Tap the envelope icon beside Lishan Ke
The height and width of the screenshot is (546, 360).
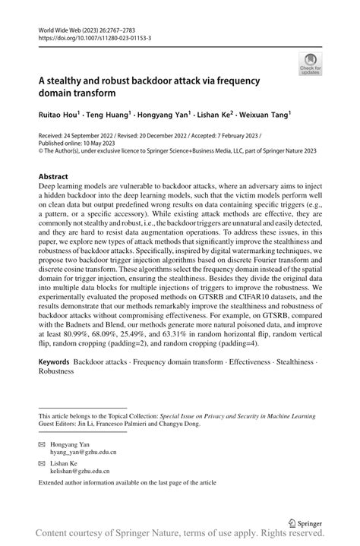pos(43,461)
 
